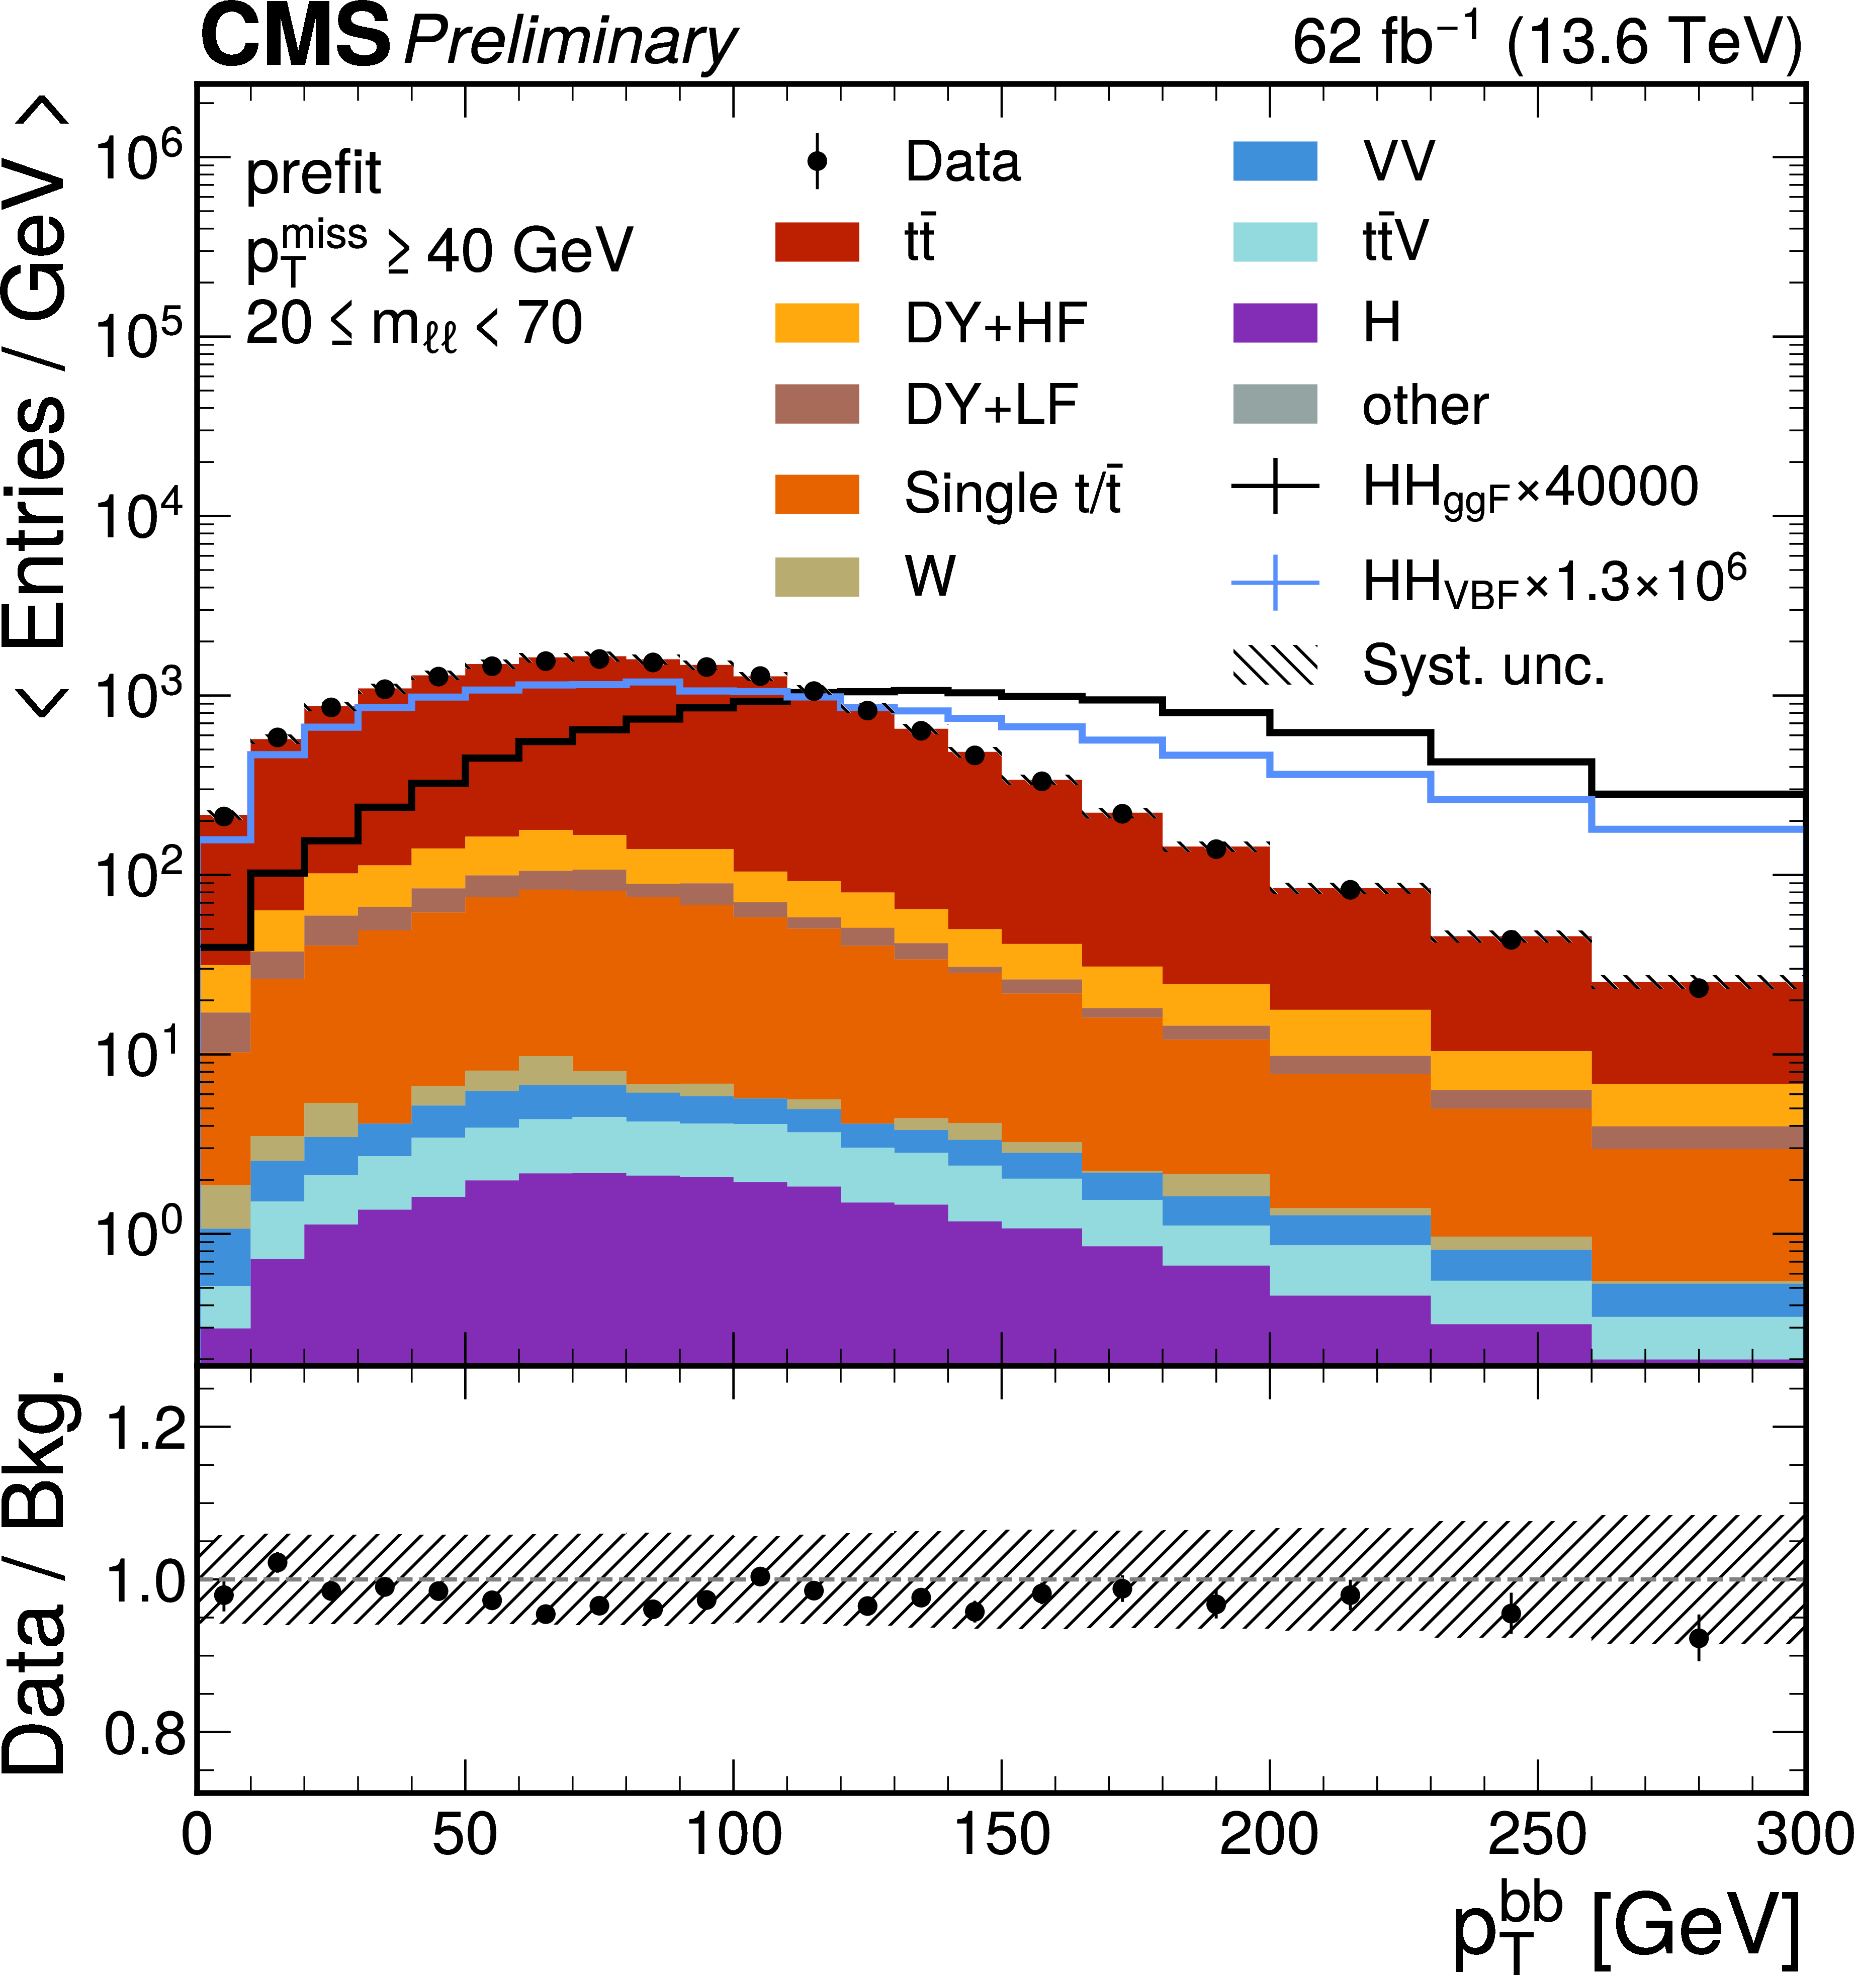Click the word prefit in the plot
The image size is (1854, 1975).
pos(313,174)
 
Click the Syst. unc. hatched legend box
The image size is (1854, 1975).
pos(1275,666)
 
